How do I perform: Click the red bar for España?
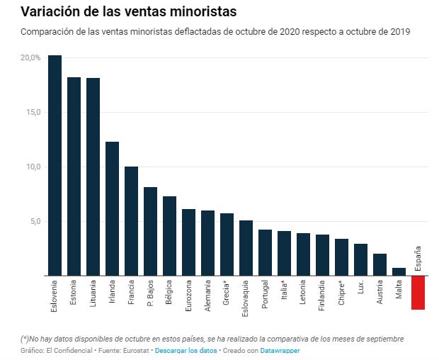click(x=418, y=292)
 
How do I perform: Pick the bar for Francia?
click(x=131, y=221)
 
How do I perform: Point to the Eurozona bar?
click(x=188, y=242)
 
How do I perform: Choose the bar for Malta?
click(x=399, y=271)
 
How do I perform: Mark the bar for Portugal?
click(x=265, y=252)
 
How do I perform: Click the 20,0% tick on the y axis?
click(x=30, y=57)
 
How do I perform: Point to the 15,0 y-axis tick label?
click(x=33, y=112)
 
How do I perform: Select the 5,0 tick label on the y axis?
click(x=35, y=221)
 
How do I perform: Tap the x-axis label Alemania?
click(x=208, y=296)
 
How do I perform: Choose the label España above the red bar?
click(x=418, y=259)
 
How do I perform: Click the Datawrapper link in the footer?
click(x=280, y=351)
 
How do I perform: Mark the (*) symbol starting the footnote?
click(x=25, y=339)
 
